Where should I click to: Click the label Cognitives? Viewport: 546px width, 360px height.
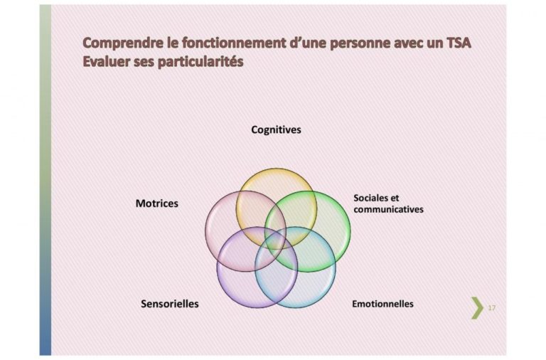276,130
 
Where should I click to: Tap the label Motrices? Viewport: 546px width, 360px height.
156,203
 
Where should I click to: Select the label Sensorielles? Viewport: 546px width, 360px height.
170,304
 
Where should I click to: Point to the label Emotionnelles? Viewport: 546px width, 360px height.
382,304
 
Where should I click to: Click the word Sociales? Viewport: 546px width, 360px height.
371,198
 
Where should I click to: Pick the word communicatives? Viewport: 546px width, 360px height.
388,209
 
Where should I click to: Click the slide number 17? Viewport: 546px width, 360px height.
492,308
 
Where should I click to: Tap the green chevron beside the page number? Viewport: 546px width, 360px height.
478,308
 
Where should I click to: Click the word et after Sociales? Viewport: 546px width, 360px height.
395,198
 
